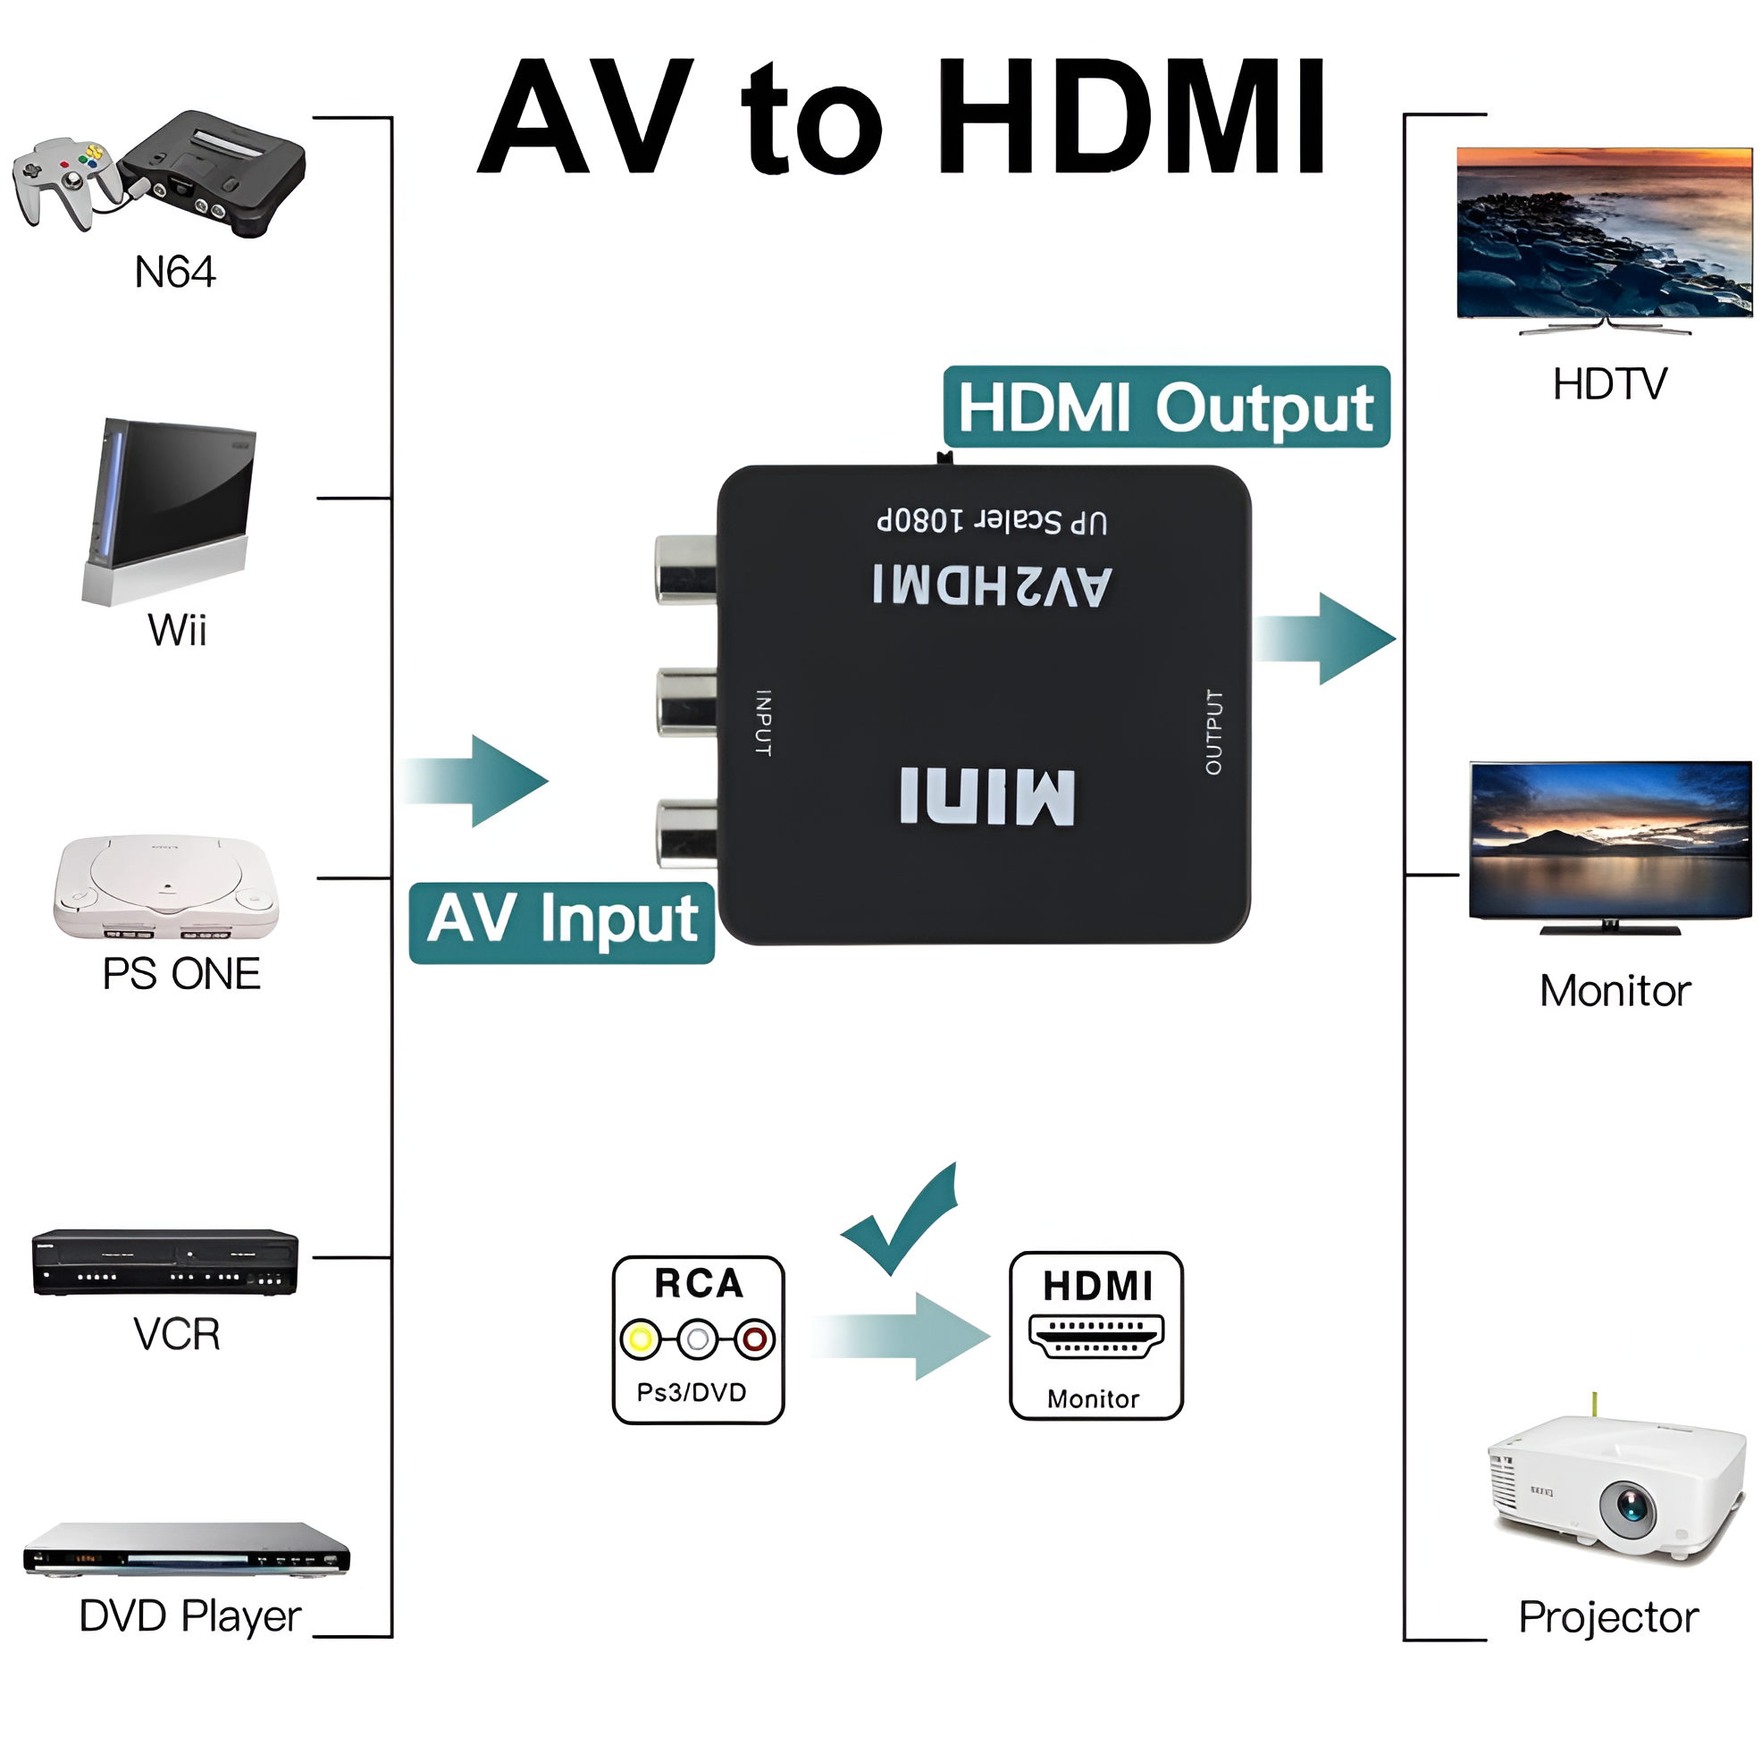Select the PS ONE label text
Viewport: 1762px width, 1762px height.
[x=180, y=974]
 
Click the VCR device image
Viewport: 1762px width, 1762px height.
[x=164, y=1263]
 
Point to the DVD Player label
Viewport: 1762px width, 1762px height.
[x=189, y=1616]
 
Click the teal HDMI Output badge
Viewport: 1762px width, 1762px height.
[x=1165, y=407]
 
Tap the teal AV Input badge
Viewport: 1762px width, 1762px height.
[x=562, y=922]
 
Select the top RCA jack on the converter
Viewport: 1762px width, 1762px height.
[x=684, y=569]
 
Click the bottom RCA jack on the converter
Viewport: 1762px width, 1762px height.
[x=684, y=832]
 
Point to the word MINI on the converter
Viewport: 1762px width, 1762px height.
[x=986, y=796]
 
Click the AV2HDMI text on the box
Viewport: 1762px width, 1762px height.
[x=993, y=585]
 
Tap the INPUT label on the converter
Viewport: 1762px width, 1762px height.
[x=763, y=722]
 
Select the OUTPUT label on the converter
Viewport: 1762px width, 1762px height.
[x=1213, y=732]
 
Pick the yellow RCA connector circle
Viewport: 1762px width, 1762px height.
[x=641, y=1338]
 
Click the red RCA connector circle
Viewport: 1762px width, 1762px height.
[x=754, y=1338]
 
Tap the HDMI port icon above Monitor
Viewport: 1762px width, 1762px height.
[x=1096, y=1336]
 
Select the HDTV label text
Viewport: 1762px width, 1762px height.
[x=1610, y=384]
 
